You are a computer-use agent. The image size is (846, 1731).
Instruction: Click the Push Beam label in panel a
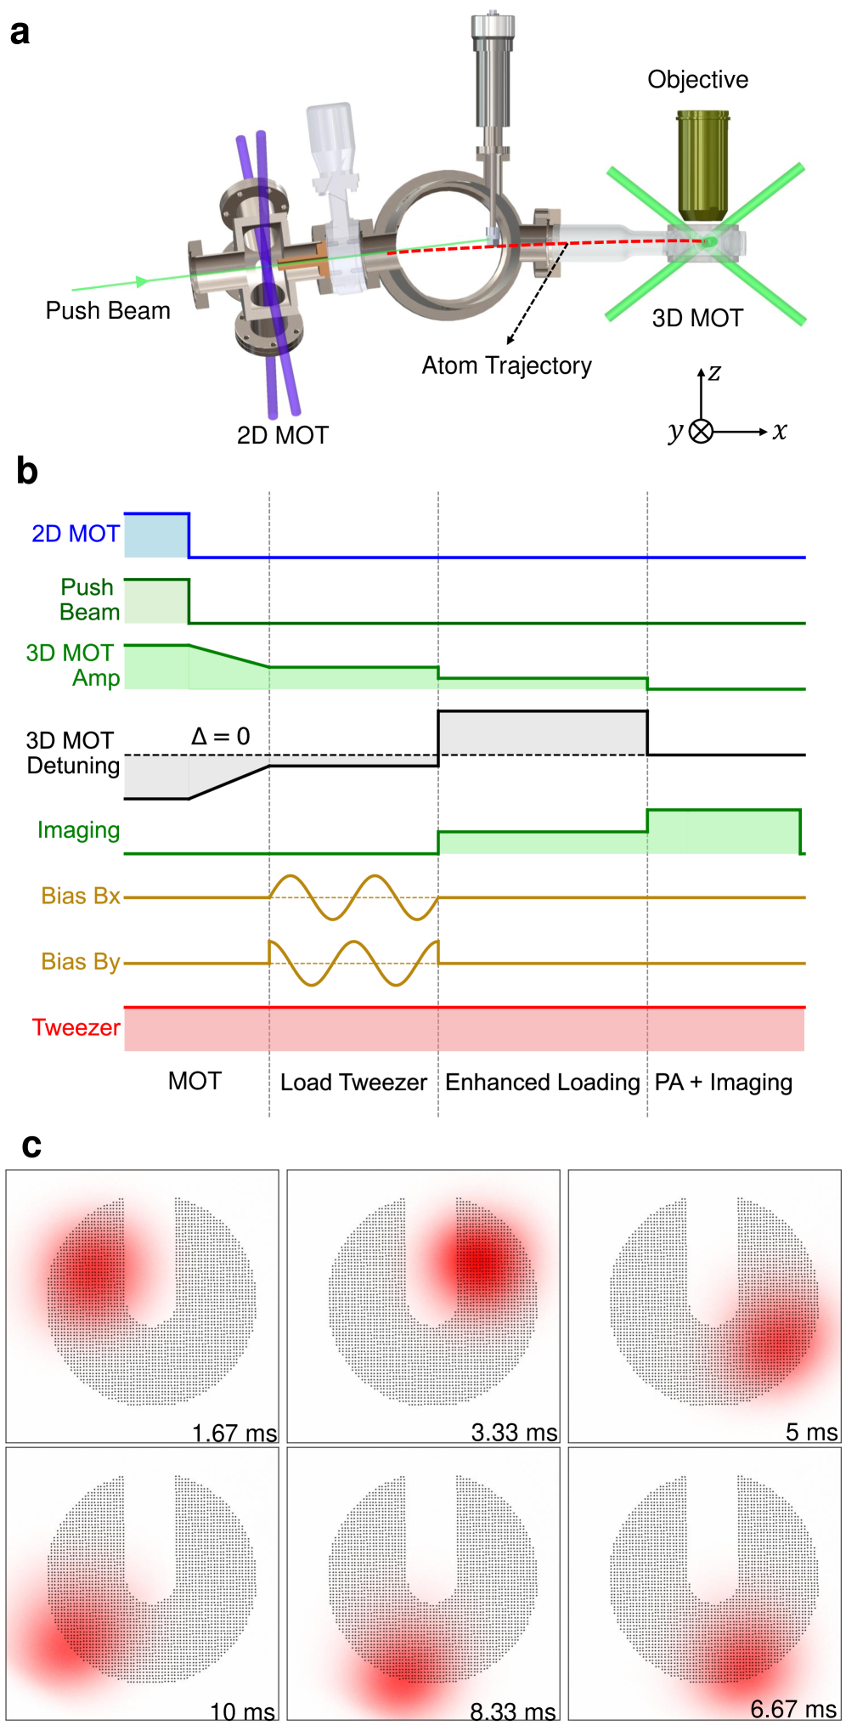[108, 311]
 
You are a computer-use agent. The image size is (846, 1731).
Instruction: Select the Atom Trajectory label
[506, 366]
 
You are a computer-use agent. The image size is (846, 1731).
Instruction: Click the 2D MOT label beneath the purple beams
[282, 435]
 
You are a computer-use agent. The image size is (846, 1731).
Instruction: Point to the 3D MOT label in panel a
[697, 319]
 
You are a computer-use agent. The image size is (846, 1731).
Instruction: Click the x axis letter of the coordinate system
[780, 432]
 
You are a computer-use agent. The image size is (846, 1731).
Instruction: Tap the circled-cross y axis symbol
[701, 432]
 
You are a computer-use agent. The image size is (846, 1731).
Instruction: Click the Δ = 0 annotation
[220, 736]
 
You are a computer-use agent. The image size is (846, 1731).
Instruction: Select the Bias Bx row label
[81, 897]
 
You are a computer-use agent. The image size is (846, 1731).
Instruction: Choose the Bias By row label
[81, 962]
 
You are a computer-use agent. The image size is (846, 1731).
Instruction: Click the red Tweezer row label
[76, 1028]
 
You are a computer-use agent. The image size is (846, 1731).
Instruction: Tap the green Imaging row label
[78, 830]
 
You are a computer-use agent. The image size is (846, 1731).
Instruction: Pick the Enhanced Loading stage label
[542, 1083]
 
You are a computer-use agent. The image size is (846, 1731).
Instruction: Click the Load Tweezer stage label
[353, 1083]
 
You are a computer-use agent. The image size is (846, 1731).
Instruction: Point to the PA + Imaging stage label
[723, 1083]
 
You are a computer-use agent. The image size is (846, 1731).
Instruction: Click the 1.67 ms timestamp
[234, 1434]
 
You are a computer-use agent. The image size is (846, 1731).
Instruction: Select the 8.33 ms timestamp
[513, 1711]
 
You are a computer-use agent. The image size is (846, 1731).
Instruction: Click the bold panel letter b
[27, 472]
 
